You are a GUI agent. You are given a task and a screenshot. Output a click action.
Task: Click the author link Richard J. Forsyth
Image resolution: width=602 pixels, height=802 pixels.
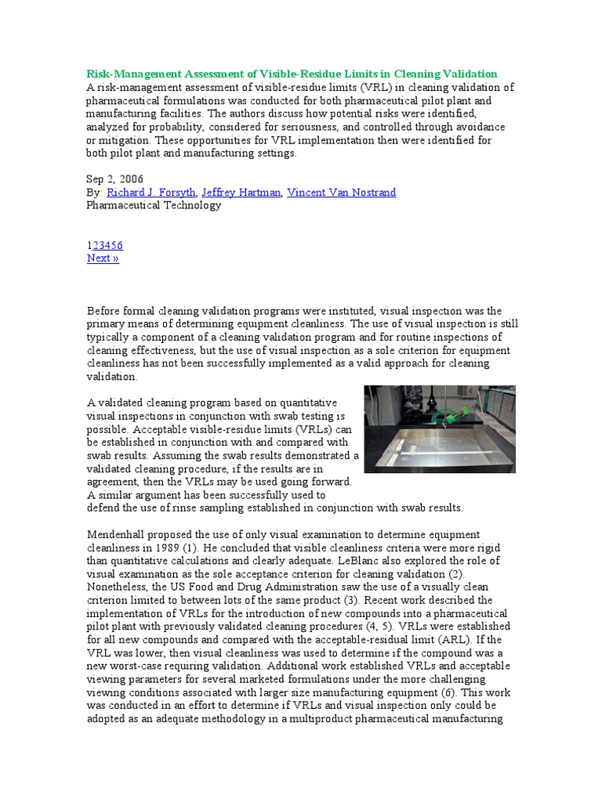click(x=150, y=192)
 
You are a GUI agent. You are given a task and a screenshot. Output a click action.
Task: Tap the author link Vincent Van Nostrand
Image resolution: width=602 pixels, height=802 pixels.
click(x=342, y=192)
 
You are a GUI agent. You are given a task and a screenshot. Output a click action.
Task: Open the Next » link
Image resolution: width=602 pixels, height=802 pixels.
click(x=103, y=258)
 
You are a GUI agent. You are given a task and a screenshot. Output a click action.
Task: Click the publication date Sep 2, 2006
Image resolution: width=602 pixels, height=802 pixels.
click(x=115, y=179)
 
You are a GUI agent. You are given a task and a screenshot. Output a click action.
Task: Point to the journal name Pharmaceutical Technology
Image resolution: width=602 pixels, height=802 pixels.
click(x=154, y=205)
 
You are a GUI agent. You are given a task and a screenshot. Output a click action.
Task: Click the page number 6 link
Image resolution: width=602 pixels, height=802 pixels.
click(x=119, y=245)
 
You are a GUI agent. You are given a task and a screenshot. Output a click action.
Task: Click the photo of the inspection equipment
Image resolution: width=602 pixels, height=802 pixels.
click(x=440, y=428)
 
